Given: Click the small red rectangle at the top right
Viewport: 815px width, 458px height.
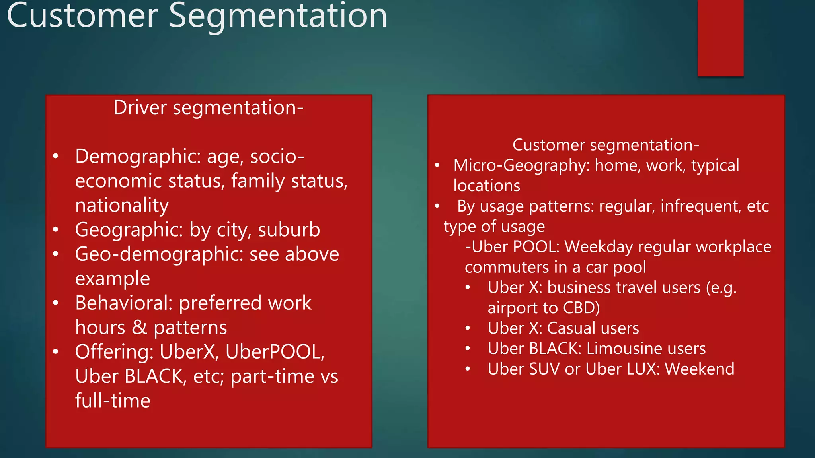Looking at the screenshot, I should point(720,38).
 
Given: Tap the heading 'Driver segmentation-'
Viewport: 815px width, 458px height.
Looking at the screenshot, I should point(209,108).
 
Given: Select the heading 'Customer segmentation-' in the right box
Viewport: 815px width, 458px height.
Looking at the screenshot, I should point(605,145).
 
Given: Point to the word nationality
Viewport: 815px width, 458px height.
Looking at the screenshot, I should point(122,206).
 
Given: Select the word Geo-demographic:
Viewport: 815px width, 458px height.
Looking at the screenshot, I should point(159,254).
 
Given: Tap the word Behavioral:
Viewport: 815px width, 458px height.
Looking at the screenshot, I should point(124,303).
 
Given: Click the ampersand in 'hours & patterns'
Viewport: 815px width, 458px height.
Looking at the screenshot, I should point(139,328).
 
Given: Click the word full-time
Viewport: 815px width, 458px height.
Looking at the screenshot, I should point(113,401).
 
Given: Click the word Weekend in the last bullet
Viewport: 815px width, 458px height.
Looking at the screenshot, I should point(699,369).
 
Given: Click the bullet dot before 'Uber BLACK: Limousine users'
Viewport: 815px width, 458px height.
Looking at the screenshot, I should point(468,349).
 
